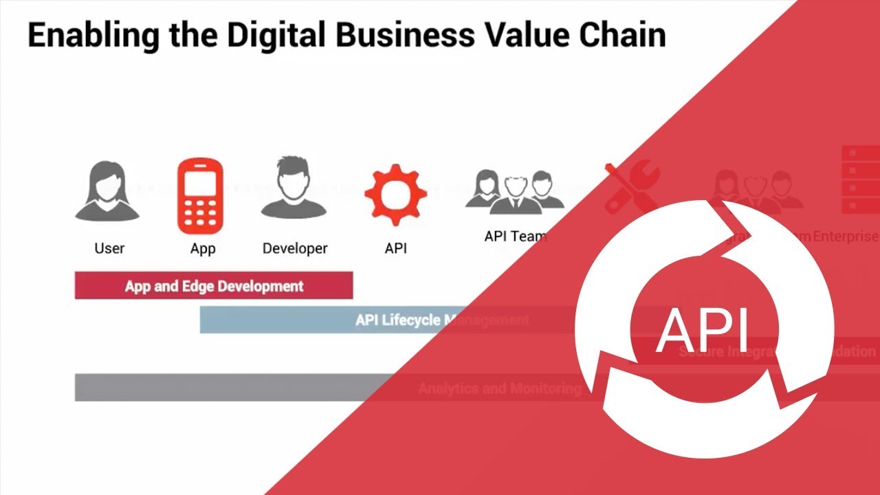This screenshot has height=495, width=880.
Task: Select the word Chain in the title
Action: pyautogui.click(x=623, y=34)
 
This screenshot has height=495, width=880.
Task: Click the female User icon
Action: pyautogui.click(x=107, y=190)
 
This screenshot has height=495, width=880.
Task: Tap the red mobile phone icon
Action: pyautogui.click(x=200, y=196)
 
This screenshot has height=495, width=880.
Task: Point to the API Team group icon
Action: pyautogui.click(x=514, y=190)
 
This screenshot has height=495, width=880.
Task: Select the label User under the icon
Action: pyautogui.click(x=109, y=248)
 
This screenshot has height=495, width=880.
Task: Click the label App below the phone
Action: pyautogui.click(x=202, y=249)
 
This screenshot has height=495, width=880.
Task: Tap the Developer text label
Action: pyautogui.click(x=295, y=248)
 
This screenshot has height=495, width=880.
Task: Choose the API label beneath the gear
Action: pyautogui.click(x=395, y=248)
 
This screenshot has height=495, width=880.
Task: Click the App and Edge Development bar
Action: pyautogui.click(x=214, y=286)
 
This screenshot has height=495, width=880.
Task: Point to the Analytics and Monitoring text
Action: pyautogui.click(x=500, y=388)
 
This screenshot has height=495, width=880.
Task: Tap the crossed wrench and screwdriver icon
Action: pyautogui.click(x=630, y=187)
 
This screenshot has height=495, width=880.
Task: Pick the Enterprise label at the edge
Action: pyautogui.click(x=846, y=236)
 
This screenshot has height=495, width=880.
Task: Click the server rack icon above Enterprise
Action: pyautogui.click(x=860, y=179)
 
